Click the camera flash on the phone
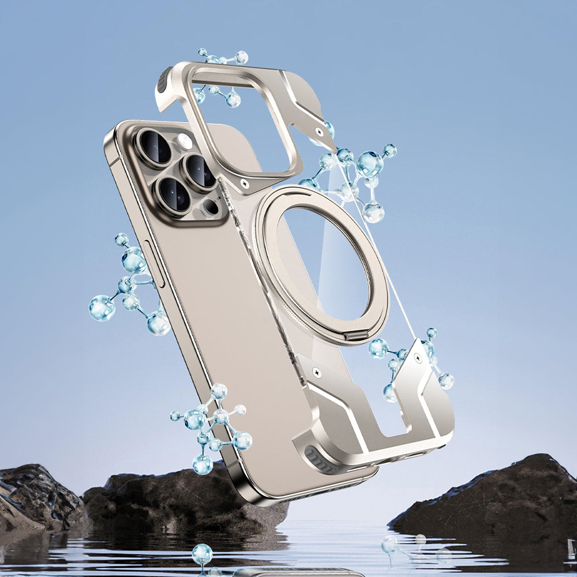point(185,141)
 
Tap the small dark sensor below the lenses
point(211,206)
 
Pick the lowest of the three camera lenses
point(174,194)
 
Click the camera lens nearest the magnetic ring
point(200,171)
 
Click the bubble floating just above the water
point(202,554)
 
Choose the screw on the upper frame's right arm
point(319,132)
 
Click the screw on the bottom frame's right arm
point(417,359)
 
